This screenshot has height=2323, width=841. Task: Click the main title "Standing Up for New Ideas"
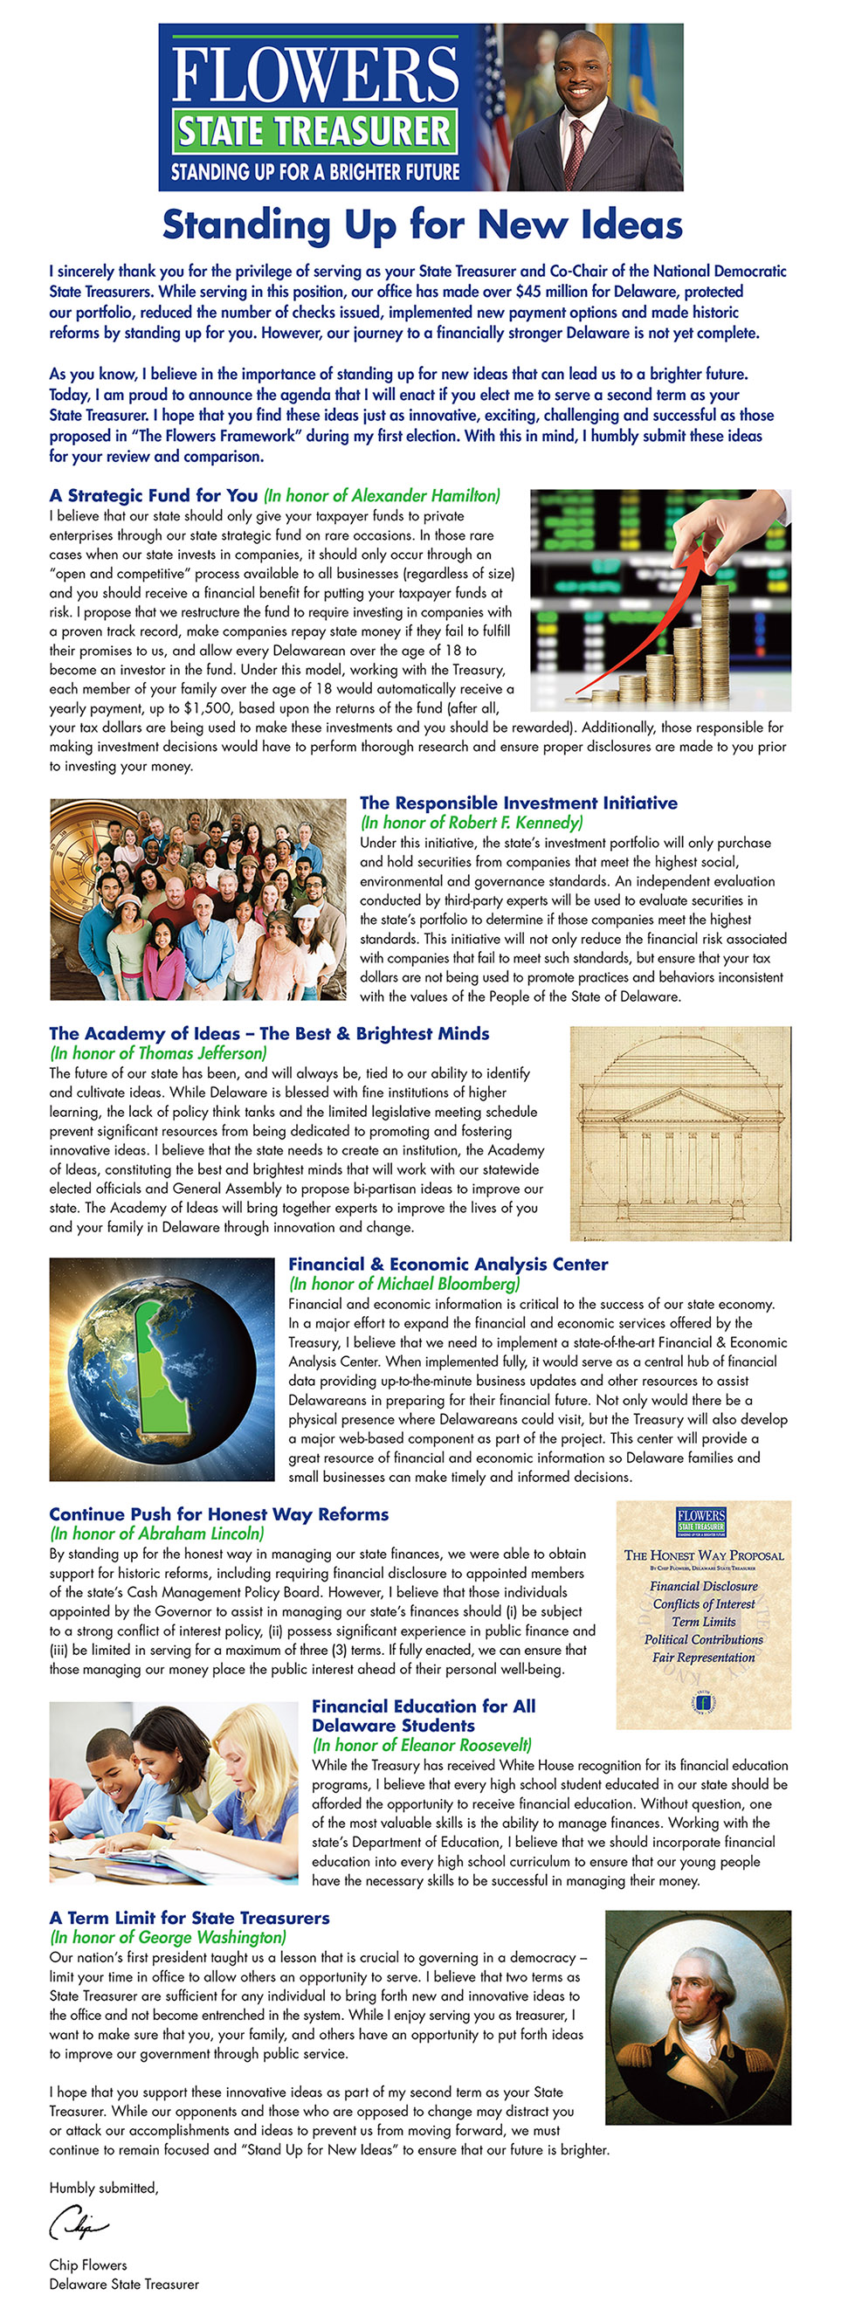[422, 225]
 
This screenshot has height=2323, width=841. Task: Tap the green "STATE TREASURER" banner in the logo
[314, 132]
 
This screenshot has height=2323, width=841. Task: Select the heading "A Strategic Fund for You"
[153, 496]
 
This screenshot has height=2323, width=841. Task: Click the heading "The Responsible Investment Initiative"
[518, 803]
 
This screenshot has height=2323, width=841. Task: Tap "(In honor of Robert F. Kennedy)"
[472, 823]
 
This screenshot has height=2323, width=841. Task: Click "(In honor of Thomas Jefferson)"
[159, 1053]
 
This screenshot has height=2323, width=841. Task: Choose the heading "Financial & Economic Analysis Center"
[448, 1265]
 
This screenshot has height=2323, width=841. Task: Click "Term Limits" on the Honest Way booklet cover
[703, 1622]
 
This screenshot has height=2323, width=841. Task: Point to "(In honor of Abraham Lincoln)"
[157, 1534]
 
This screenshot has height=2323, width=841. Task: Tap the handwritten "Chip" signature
[79, 2221]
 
